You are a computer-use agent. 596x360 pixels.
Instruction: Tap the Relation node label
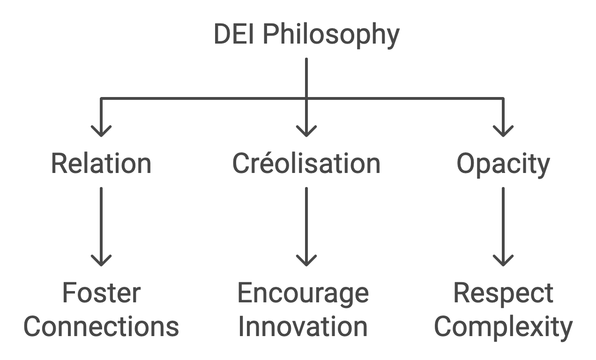point(101,164)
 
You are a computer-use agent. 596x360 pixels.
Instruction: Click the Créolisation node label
point(306,164)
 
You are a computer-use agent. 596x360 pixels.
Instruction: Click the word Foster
point(101,293)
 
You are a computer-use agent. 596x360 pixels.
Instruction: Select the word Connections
point(101,327)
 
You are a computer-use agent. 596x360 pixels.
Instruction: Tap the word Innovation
point(303,327)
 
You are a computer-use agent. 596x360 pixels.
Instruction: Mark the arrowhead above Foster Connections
point(101,261)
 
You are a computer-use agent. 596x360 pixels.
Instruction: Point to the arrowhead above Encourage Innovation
point(306,261)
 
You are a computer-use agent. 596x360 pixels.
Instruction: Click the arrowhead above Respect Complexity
point(503,261)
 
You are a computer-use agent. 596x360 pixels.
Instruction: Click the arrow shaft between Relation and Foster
point(101,220)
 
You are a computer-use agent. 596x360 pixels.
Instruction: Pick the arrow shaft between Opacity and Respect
point(503,220)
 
